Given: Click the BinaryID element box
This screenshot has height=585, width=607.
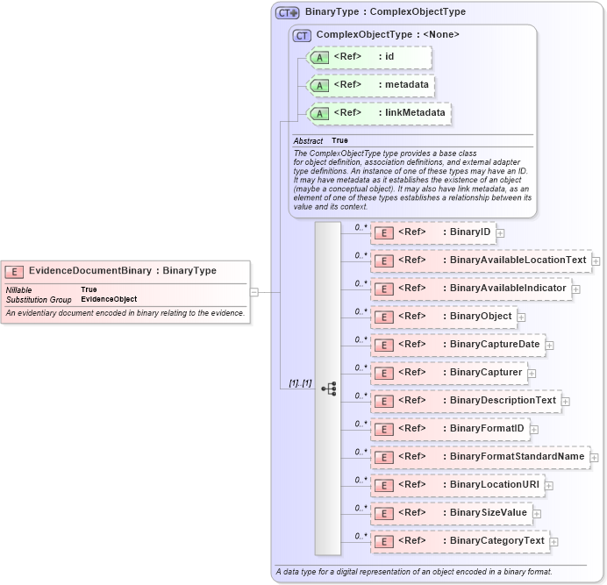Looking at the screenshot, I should coord(433,232).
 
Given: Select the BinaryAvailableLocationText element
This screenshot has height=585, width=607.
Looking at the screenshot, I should coord(481,260).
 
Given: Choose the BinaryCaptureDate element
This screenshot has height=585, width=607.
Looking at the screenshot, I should coord(457,345).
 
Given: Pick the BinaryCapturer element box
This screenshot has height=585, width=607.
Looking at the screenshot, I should coord(448,373).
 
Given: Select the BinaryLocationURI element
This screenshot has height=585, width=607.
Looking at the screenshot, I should coord(457,485).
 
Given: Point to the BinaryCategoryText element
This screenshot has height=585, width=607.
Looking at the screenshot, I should coord(460,541).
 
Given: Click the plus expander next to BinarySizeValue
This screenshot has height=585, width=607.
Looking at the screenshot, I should coord(537,513).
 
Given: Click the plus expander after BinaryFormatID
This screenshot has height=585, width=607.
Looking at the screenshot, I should coord(533,430).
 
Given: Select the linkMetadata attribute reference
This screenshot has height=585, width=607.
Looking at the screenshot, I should coord(380,113).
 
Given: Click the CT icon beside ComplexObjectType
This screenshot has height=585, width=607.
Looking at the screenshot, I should coord(303,35).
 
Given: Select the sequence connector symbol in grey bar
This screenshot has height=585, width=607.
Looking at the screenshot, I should coord(328,387).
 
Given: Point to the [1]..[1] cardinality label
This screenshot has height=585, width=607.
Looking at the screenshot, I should coord(300,383).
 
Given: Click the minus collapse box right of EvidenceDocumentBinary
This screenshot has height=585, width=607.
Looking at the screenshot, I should coord(254,292).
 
